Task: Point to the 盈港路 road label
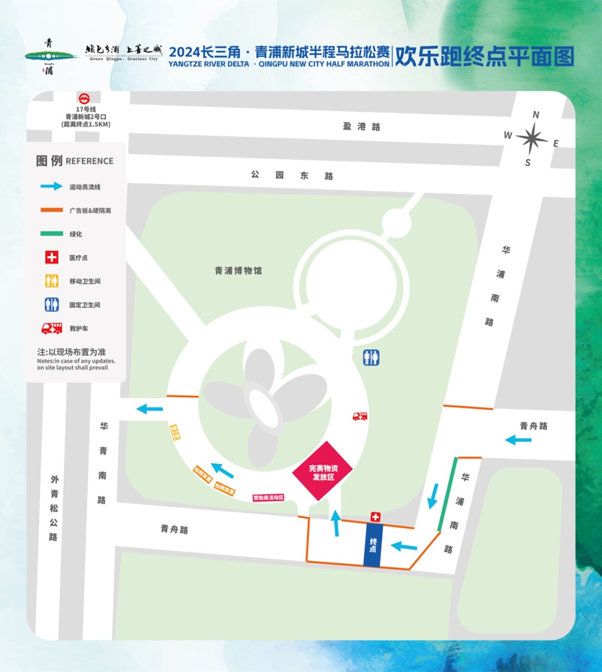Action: pos(362,127)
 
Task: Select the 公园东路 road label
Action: pos(292,175)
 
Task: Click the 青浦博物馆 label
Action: pos(238,271)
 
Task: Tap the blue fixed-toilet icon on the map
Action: pos(371,357)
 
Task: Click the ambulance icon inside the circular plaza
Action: pos(360,416)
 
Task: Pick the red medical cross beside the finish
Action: pos(375,517)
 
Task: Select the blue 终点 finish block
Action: pos(372,545)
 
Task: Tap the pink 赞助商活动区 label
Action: pos(269,497)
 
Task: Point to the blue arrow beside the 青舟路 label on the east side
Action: pos(518,440)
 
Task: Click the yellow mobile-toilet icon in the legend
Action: pos(51,281)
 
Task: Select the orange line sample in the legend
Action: pos(51,210)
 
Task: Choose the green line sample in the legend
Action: pos(51,234)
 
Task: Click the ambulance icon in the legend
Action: pos(51,329)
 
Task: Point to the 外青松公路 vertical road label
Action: pos(54,507)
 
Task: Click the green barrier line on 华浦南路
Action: pos(448,495)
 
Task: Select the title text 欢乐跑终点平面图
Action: pos(484,57)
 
